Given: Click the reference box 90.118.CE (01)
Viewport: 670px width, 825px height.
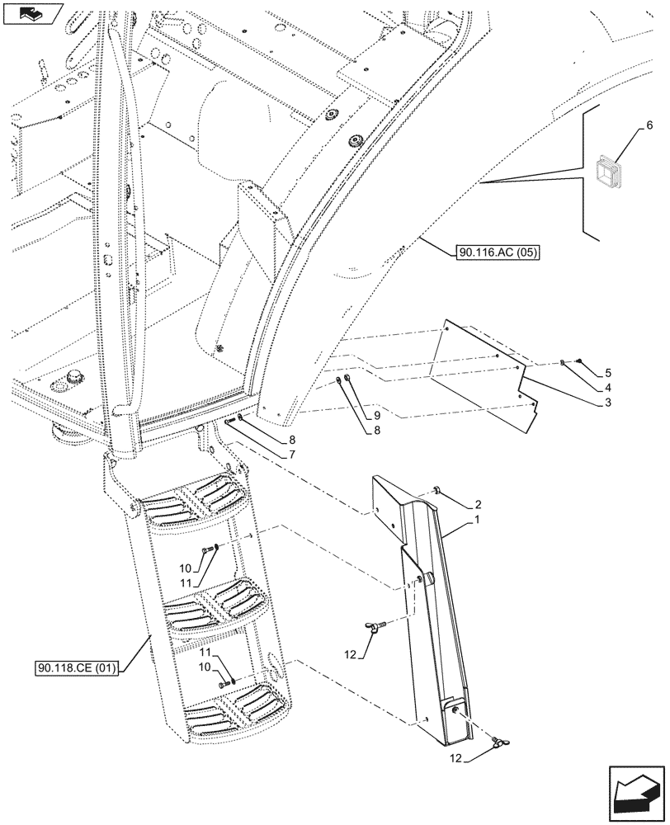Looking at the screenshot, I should (78, 667).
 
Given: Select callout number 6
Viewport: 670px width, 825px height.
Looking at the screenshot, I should (649, 125).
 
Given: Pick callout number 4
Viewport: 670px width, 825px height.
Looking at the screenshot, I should (607, 388).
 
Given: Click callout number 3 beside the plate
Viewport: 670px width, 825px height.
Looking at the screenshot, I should (607, 402).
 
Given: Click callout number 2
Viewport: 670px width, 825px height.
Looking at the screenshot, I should (477, 504).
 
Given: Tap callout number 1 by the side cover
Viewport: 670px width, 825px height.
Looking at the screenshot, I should (476, 522).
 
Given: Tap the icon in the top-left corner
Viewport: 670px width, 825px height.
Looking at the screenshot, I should (32, 12).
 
